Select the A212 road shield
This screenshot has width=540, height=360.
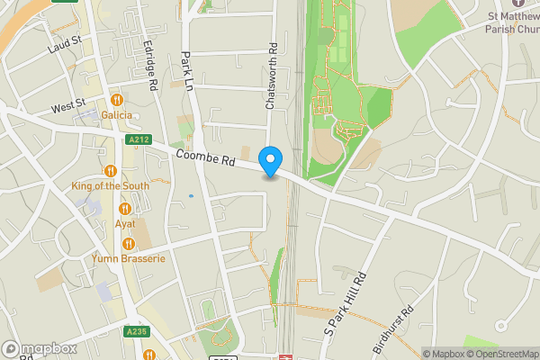[x=139, y=140]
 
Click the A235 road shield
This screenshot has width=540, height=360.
[x=135, y=332]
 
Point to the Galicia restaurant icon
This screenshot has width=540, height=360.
[x=116, y=99]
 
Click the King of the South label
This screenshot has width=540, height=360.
[x=111, y=185]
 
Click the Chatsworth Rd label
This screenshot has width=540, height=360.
[x=269, y=77]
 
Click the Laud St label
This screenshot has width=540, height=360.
[x=66, y=41]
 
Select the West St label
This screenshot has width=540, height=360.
[x=67, y=107]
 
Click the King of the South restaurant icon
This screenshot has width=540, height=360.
[x=111, y=170]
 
